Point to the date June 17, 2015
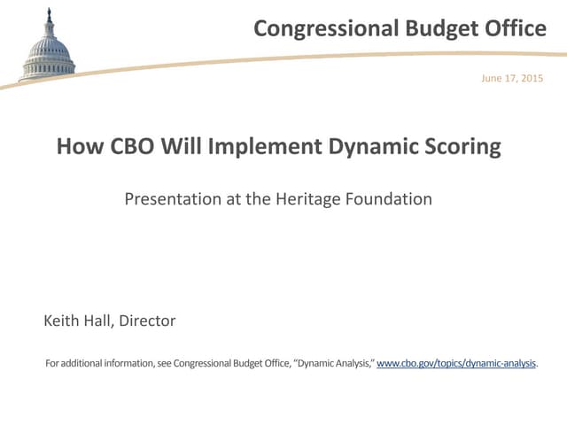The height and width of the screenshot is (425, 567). [512, 79]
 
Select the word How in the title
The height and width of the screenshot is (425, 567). [77, 146]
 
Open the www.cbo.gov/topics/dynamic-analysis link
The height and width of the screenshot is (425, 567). [457, 363]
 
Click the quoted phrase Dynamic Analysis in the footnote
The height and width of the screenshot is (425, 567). [336, 363]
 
